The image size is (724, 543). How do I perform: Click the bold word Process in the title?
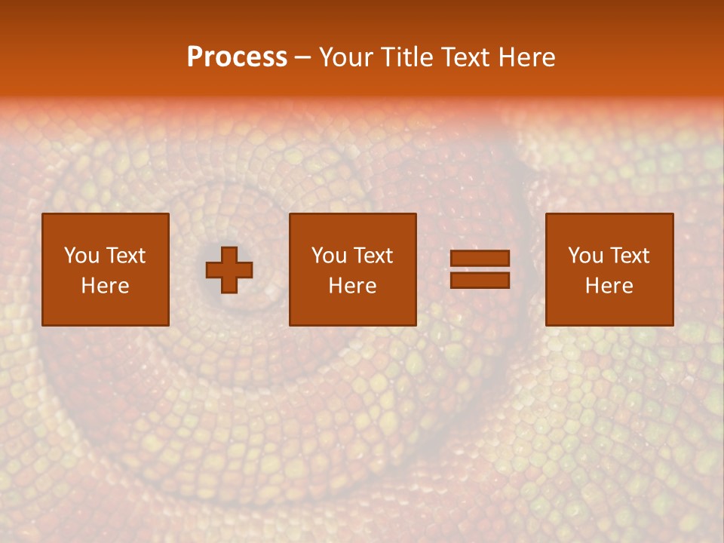(x=237, y=57)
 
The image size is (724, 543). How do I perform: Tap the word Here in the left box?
(x=106, y=286)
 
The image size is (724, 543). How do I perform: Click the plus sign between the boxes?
(x=229, y=270)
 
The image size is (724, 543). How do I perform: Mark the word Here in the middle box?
(x=353, y=286)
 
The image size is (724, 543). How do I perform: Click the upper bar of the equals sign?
(x=480, y=259)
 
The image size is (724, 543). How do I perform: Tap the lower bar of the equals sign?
(x=480, y=281)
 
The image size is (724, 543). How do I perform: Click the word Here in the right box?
(x=609, y=286)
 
